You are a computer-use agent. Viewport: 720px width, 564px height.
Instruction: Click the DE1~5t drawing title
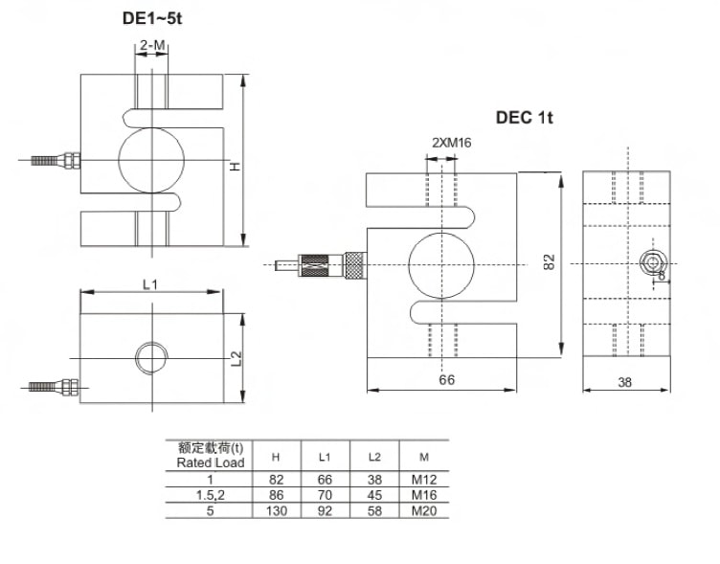click(152, 18)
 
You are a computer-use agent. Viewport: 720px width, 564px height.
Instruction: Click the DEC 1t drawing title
click(525, 118)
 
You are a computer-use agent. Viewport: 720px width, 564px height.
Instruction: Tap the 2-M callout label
click(152, 45)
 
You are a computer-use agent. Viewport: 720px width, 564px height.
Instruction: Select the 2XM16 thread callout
click(452, 143)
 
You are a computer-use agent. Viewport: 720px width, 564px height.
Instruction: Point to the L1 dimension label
click(149, 283)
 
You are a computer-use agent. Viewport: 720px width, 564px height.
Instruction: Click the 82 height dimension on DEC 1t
click(549, 262)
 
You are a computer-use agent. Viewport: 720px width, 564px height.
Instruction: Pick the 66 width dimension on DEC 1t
click(446, 380)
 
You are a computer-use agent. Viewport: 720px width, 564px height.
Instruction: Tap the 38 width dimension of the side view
click(625, 382)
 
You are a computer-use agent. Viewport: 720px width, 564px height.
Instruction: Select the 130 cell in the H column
click(276, 511)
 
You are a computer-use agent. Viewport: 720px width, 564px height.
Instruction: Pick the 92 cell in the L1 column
click(324, 511)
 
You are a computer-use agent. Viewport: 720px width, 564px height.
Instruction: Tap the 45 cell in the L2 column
click(374, 496)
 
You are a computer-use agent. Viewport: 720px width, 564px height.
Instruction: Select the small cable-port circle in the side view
click(654, 262)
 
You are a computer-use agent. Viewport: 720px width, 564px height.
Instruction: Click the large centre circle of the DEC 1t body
click(441, 263)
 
